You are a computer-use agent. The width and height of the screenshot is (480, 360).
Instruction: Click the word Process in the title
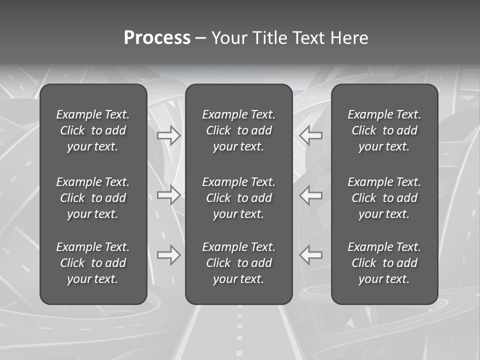(157, 38)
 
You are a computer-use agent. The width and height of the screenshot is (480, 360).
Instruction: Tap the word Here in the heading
(349, 38)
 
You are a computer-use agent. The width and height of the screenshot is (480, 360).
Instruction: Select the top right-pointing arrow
(169, 135)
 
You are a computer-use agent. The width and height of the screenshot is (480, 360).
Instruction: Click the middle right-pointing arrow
(169, 195)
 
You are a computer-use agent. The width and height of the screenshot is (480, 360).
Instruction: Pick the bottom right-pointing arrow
(169, 255)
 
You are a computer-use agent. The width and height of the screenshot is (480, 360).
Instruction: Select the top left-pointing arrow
(310, 135)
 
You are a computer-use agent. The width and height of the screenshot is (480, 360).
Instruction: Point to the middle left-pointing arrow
(310, 195)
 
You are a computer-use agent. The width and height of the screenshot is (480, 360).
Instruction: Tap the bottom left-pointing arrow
(310, 255)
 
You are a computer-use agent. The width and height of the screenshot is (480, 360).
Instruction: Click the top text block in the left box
(93, 130)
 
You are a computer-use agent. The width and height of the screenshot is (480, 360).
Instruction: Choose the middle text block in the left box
(93, 198)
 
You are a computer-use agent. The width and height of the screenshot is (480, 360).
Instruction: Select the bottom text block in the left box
(93, 263)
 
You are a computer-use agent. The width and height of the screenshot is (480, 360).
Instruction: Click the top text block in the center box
(238, 130)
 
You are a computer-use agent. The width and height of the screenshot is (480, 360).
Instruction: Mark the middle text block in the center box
(238, 198)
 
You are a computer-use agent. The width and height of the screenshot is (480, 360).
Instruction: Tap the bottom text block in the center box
(238, 263)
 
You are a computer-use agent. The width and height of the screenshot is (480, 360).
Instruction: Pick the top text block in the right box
(384, 130)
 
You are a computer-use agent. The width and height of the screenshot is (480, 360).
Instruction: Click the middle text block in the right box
(384, 198)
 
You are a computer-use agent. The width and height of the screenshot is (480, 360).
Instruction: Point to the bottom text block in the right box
(384, 263)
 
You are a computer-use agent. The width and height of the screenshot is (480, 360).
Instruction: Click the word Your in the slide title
(228, 38)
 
